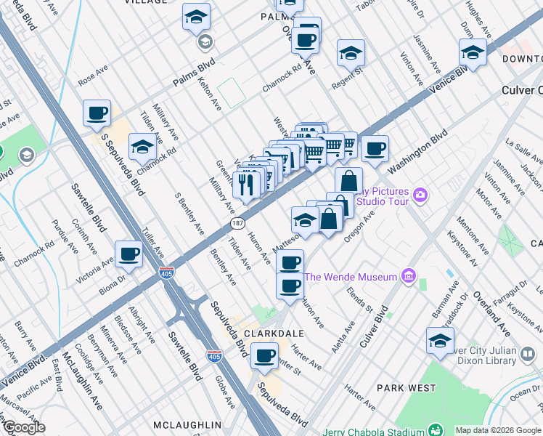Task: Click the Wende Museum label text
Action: (351, 277)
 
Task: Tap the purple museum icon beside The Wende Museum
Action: (408, 276)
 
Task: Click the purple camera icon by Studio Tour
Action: (420, 194)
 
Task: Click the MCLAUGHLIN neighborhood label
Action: (187, 424)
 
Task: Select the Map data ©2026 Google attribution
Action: (497, 430)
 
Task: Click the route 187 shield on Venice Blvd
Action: (237, 222)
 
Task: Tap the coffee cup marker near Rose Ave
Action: (97, 113)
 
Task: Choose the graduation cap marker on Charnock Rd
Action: (142, 147)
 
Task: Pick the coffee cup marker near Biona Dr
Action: (129, 254)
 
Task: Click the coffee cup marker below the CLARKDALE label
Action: (264, 356)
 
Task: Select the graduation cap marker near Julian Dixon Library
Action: (440, 340)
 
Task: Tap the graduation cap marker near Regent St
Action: (351, 53)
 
